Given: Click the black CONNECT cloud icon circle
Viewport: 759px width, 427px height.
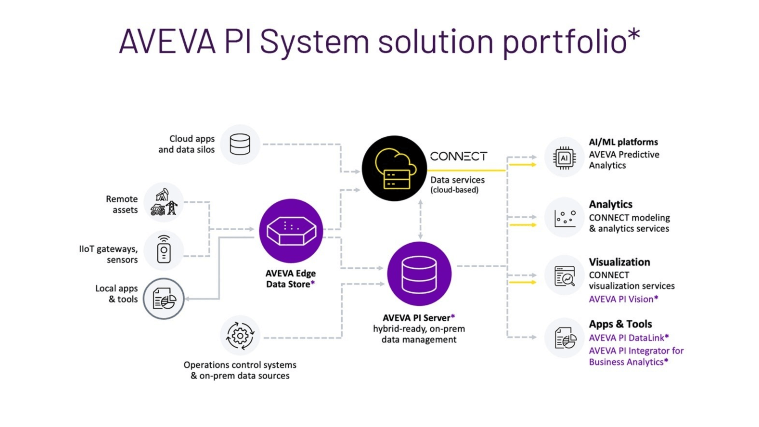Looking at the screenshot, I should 394,168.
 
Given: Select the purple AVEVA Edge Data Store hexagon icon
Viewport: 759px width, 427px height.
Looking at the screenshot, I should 291,231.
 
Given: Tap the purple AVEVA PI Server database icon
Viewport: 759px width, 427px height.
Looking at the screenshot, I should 419,274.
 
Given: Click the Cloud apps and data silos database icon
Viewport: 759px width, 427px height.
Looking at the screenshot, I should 240,144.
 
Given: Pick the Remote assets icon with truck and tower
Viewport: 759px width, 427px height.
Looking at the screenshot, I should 163,202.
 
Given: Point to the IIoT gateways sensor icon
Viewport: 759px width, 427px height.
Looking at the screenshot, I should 164,250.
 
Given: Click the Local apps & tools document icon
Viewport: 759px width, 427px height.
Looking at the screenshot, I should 164,299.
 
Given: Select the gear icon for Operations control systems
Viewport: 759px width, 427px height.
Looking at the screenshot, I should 240,336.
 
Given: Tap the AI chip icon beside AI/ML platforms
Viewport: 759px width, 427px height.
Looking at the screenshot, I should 564,158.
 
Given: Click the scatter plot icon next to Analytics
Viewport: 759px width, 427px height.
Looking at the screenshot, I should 564,218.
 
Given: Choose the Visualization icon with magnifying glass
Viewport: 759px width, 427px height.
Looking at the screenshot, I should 564,276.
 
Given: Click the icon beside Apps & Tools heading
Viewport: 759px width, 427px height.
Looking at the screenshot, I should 565,338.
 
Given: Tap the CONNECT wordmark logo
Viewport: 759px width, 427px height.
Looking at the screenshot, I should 459,157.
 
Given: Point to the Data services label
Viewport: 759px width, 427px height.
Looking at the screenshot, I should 457,180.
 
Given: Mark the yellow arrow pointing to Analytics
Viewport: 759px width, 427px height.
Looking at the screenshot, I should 523,225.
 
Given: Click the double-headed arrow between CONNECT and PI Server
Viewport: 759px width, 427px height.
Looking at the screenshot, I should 420,220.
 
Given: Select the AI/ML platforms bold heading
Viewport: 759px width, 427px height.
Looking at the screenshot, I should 623,142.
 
